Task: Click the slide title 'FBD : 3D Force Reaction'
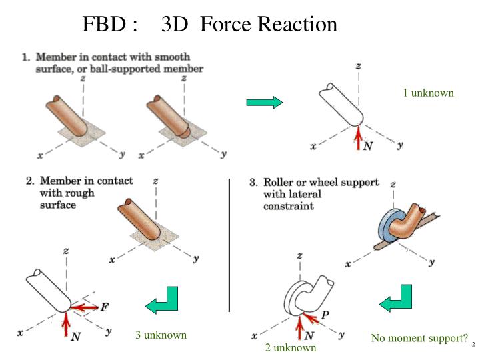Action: coord(209,25)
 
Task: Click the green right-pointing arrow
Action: coord(265,102)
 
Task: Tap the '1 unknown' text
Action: coord(428,93)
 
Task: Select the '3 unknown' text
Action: coord(161,335)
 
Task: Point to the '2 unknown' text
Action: coord(291,347)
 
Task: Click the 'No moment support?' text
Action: coord(419,339)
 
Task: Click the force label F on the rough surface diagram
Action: coord(104,307)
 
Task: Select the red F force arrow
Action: coord(85,308)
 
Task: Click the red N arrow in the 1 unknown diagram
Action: coord(359,138)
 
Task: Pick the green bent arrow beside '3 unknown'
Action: coord(162,301)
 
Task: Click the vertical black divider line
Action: coord(229,245)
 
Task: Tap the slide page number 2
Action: coord(472,345)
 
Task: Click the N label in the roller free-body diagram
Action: coord(309,336)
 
